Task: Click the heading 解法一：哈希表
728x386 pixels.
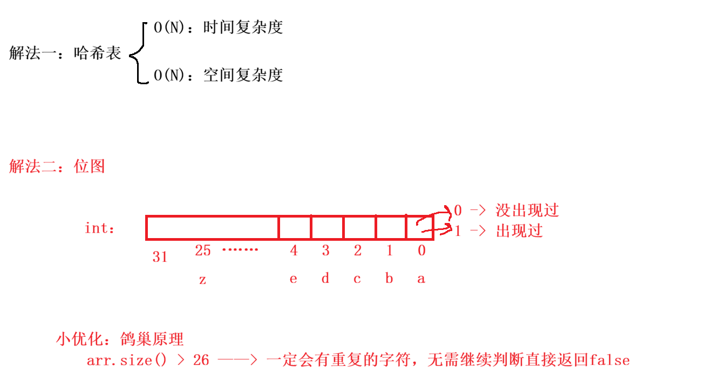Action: coord(65,53)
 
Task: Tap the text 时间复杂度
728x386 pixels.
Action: coord(243,28)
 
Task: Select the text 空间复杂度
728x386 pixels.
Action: coord(243,75)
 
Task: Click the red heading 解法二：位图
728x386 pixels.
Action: coord(57,166)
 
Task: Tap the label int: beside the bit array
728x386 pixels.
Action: coord(100,228)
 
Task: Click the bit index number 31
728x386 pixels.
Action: coord(160,257)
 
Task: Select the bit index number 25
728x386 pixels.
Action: coord(202,250)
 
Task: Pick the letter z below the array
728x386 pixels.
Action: coord(202,280)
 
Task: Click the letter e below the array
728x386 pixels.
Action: coord(293,279)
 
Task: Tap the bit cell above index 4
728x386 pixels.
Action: coord(295,228)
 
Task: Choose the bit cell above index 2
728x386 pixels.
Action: coord(359,228)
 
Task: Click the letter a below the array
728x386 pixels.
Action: coord(421,279)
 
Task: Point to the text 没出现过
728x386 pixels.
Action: coord(527,210)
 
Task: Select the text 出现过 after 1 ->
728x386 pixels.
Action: coord(519,231)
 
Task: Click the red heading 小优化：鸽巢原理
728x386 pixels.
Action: coord(120,339)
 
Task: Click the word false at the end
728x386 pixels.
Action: coord(610,360)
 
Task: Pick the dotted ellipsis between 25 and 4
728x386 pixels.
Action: coord(240,250)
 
